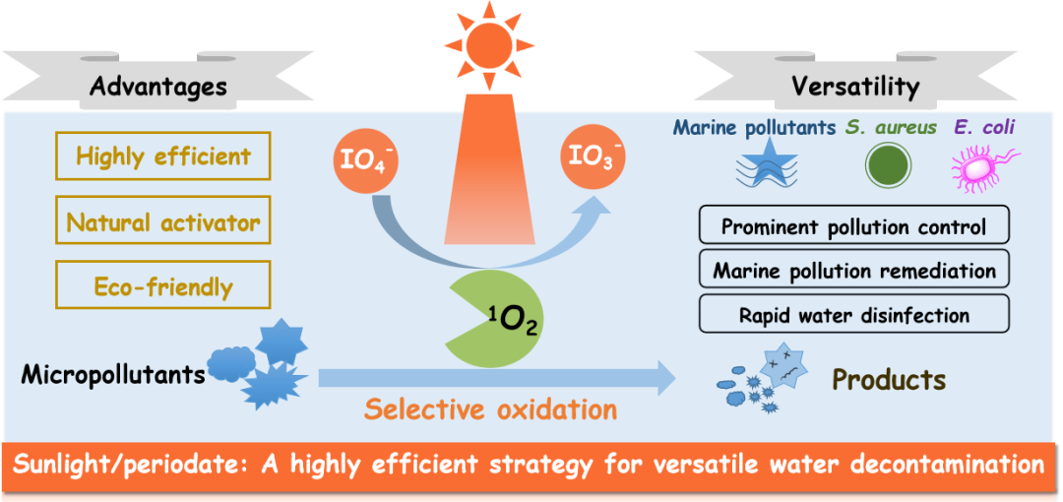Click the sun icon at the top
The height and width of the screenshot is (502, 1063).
[x=486, y=42]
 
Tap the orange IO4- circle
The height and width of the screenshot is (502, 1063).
[x=365, y=158]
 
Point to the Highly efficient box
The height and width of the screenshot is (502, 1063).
[x=162, y=156]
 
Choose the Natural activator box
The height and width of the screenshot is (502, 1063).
[x=162, y=221]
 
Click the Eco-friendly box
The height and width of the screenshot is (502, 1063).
[x=162, y=286]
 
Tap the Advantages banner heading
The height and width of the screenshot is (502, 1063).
[x=157, y=87]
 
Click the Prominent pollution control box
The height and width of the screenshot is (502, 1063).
[x=853, y=226]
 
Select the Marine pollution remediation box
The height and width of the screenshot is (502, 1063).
[x=853, y=270]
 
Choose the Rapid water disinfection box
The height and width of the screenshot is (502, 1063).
[x=853, y=315]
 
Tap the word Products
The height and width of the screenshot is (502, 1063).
[x=889, y=379]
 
